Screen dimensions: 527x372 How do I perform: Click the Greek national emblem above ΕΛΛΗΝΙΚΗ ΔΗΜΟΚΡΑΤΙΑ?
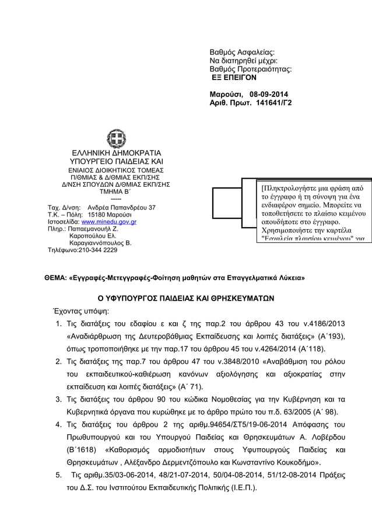tap(116, 139)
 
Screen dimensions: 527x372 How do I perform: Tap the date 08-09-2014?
tap(268, 95)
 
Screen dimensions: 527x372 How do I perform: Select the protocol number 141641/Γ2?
tap(272, 103)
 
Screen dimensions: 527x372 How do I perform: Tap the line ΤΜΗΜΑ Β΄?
tap(115, 190)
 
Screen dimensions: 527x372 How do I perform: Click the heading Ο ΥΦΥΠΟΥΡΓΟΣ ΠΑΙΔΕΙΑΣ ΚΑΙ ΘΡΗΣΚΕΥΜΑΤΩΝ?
tap(185, 298)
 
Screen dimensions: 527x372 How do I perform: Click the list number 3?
tap(59, 399)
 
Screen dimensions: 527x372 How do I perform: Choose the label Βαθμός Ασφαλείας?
tap(241, 53)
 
